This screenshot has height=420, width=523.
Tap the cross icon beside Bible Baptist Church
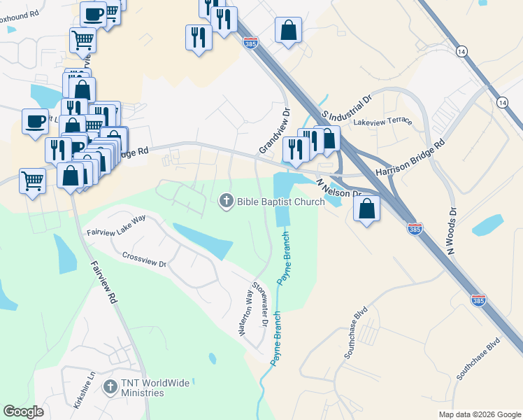pos(226,202)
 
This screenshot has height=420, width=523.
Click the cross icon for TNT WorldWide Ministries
pos(110,386)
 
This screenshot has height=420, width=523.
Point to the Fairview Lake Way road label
pos(116,224)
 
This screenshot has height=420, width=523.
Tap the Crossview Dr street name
pos(144,260)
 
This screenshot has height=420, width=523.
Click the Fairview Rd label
pos(103,281)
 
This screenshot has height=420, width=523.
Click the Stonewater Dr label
pos(261,304)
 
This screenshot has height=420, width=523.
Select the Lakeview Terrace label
pos(382,121)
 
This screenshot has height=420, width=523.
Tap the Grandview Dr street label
pos(273,131)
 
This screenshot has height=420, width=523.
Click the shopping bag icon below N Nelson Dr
pos(366,208)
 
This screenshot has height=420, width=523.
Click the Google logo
pos(23,412)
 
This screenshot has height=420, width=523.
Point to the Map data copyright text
pos(479,414)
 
